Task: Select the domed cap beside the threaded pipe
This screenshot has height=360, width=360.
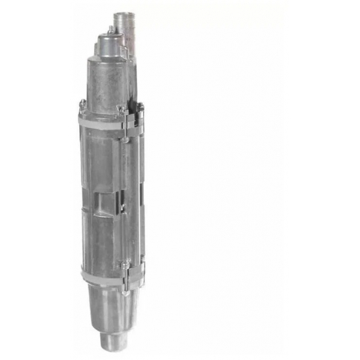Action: click(105, 46)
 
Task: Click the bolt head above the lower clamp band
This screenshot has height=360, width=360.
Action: click(122, 264)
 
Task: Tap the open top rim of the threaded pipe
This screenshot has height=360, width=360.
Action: click(123, 14)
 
